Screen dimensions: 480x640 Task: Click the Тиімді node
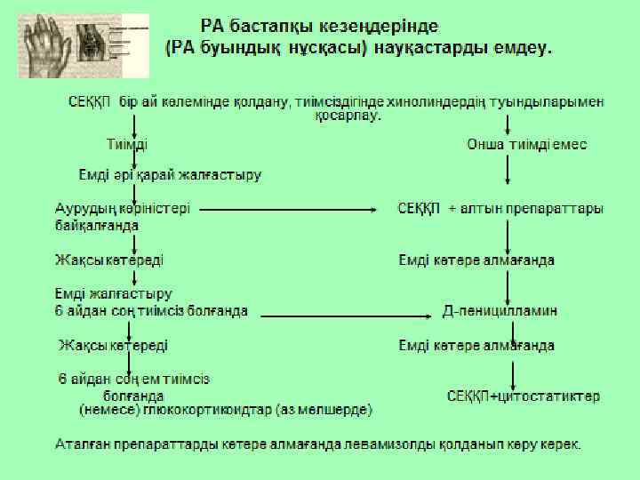click(127, 144)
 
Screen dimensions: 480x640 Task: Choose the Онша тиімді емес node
click(527, 144)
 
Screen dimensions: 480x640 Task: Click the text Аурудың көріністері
click(124, 209)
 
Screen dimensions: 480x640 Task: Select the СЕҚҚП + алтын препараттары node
click(500, 209)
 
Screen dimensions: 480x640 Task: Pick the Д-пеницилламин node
click(500, 311)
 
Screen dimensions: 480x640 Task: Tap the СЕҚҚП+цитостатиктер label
click(523, 396)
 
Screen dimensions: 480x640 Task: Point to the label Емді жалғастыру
click(114, 293)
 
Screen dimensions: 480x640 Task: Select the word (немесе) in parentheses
click(106, 410)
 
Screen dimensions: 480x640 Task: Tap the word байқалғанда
click(97, 226)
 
